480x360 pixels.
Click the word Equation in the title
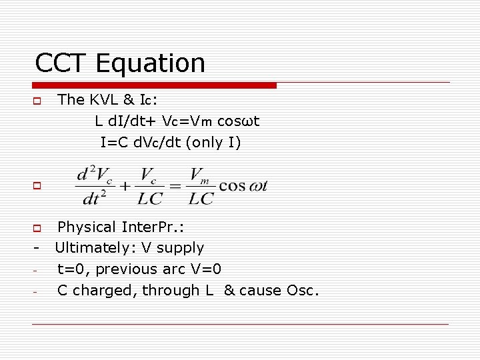[151, 64]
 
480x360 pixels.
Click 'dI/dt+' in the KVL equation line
[129, 121]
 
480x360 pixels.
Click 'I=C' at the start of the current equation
[113, 142]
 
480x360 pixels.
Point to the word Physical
[87, 227]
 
